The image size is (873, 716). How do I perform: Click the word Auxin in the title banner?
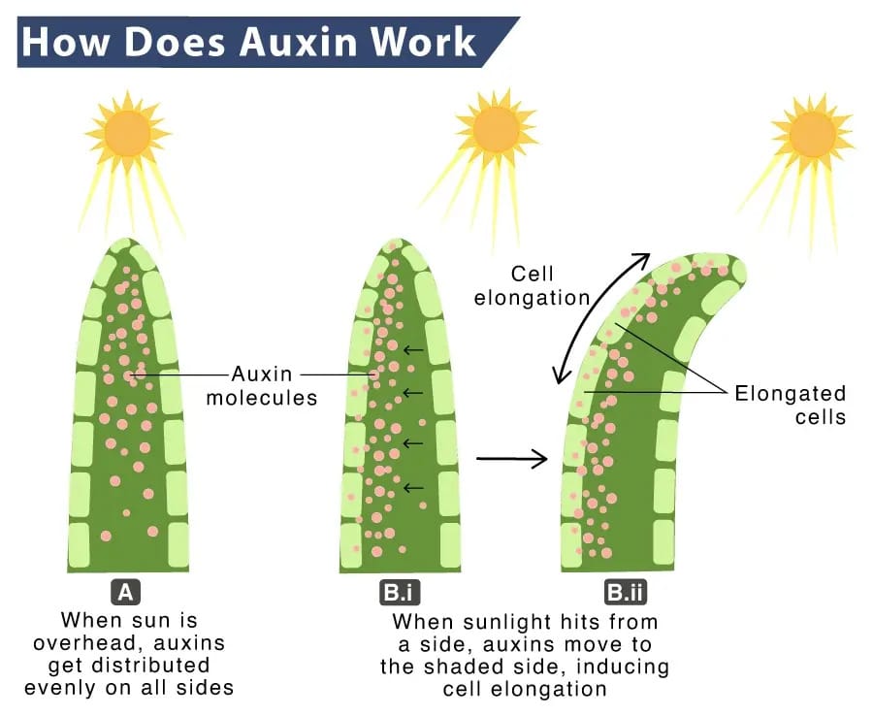tap(299, 42)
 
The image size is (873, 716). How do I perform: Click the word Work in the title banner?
tap(423, 42)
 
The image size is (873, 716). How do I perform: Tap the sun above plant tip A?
tap(128, 133)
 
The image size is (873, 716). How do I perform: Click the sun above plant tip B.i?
tap(496, 128)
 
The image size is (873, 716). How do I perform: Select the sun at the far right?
tap(812, 134)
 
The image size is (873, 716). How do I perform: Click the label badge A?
tap(126, 592)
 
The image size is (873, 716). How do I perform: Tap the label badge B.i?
tap(399, 592)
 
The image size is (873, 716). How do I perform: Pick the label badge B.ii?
tap(626, 592)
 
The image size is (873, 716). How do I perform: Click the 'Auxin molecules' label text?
tap(262, 385)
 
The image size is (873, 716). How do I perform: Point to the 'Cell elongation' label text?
tap(532, 285)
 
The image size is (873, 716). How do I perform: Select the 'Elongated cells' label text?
tap(791, 405)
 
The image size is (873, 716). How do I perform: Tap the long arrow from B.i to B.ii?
tap(511, 459)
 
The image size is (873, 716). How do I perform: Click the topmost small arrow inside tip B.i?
tap(413, 349)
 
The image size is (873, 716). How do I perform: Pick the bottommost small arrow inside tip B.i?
tap(413, 488)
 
